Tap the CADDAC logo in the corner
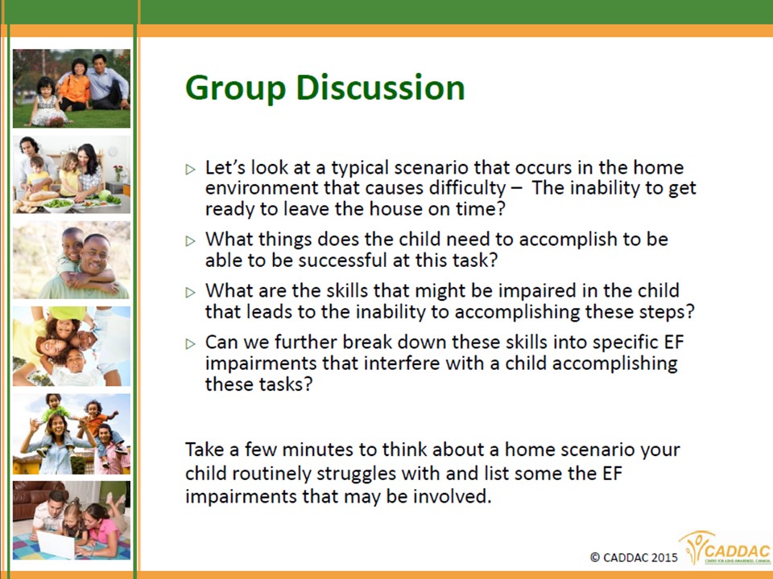(x=725, y=548)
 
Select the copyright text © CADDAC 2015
(x=634, y=557)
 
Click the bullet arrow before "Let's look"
(x=190, y=170)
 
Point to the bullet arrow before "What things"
(x=190, y=240)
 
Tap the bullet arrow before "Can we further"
(x=190, y=343)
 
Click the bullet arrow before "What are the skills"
(x=190, y=293)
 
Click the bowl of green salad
(x=58, y=203)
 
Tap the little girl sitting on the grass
(x=46, y=102)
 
